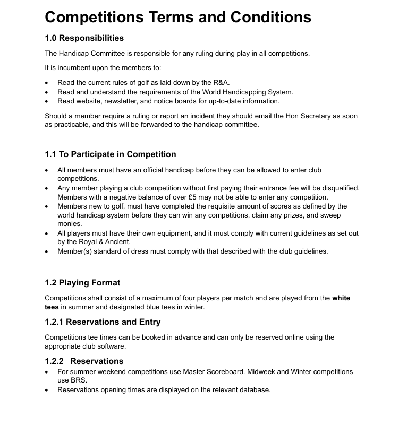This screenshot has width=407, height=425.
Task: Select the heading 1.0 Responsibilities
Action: pyautogui.click(x=84, y=38)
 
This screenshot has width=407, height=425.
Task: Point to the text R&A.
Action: pyautogui.click(x=221, y=83)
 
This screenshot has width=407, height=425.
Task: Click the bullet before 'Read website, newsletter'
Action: pyautogui.click(x=47, y=101)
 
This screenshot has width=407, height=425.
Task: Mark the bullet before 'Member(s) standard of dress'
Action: pyautogui.click(x=47, y=251)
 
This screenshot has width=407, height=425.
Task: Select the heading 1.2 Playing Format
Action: pyautogui.click(x=82, y=283)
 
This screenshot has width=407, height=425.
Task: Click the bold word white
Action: pyautogui.click(x=341, y=298)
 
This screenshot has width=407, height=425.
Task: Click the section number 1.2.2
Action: pyautogui.click(x=55, y=361)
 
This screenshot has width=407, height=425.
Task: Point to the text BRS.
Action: pyautogui.click(x=79, y=380)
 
